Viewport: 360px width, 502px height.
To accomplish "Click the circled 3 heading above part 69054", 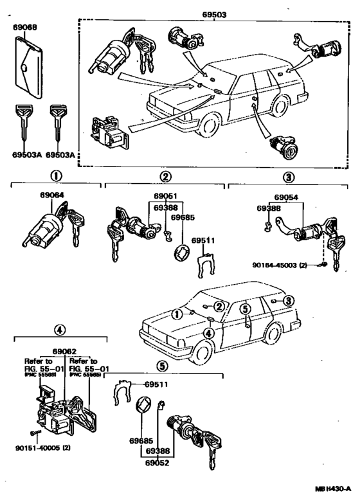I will (x=288, y=176).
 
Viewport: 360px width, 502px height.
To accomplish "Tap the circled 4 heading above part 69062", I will (x=60, y=330).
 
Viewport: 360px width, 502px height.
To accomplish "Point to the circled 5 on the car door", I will (x=244, y=310).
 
